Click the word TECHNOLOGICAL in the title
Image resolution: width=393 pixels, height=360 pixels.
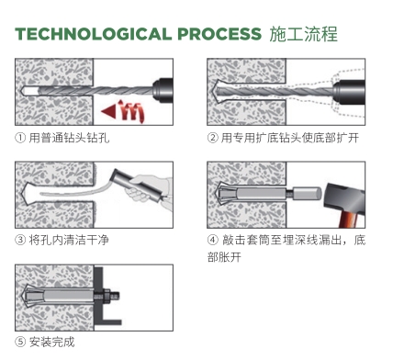coord(93,34)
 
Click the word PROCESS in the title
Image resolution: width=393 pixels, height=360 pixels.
coord(219,34)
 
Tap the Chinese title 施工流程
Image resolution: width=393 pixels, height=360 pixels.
coord(303,34)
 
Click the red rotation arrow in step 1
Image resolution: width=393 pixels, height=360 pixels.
coord(123,111)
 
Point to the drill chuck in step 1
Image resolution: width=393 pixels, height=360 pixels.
coord(163,90)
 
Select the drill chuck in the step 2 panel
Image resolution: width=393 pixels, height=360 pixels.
coord(349,92)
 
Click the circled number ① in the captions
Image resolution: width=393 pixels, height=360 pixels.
coord(20,138)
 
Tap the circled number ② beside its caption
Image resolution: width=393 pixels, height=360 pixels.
coord(212,138)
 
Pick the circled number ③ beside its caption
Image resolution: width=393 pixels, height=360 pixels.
coord(20,240)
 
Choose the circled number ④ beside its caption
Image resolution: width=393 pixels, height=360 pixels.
coord(213,240)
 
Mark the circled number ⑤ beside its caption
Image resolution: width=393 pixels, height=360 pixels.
coord(20,342)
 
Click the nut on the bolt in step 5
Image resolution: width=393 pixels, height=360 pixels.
coord(107,297)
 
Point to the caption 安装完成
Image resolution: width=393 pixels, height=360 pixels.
coord(51,342)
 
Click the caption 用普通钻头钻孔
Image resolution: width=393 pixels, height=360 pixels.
coord(69,138)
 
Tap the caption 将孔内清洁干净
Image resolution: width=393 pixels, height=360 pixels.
coord(69,240)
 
